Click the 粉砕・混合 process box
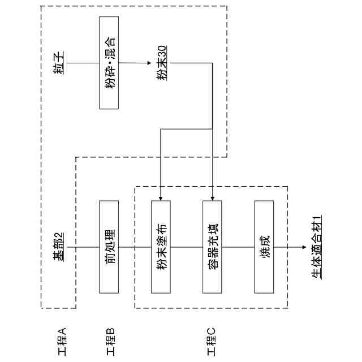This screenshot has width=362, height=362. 110,62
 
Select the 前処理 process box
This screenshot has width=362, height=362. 110,247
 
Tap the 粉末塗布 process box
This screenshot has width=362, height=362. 161,247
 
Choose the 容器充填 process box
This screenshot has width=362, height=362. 213,247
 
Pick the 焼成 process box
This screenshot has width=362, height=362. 265,247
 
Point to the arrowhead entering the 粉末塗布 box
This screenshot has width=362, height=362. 161,197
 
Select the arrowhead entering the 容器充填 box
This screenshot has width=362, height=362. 213,197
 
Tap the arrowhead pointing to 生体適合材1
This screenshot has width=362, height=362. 303,247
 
